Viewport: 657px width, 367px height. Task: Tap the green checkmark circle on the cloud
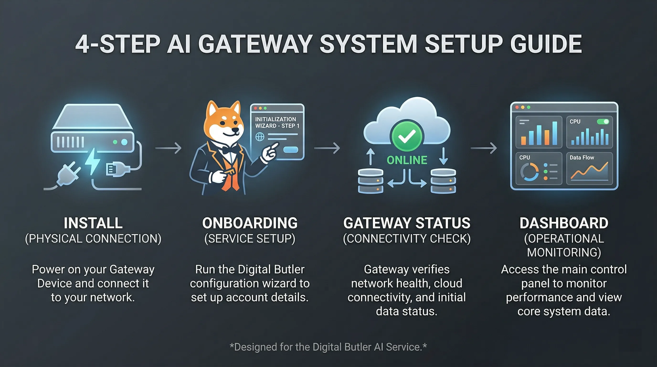[x=407, y=135]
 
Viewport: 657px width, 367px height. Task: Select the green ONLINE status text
[x=407, y=160]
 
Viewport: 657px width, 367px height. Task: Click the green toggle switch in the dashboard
[x=603, y=121]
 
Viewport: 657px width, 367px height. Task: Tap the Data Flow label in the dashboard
[x=582, y=158]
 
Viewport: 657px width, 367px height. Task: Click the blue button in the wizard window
[x=291, y=150]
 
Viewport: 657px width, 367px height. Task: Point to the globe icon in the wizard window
[x=260, y=137]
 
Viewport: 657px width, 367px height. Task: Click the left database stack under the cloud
[x=371, y=181]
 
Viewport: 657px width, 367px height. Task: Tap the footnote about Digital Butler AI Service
[x=328, y=347]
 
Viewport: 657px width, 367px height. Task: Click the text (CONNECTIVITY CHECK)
[x=407, y=239]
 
